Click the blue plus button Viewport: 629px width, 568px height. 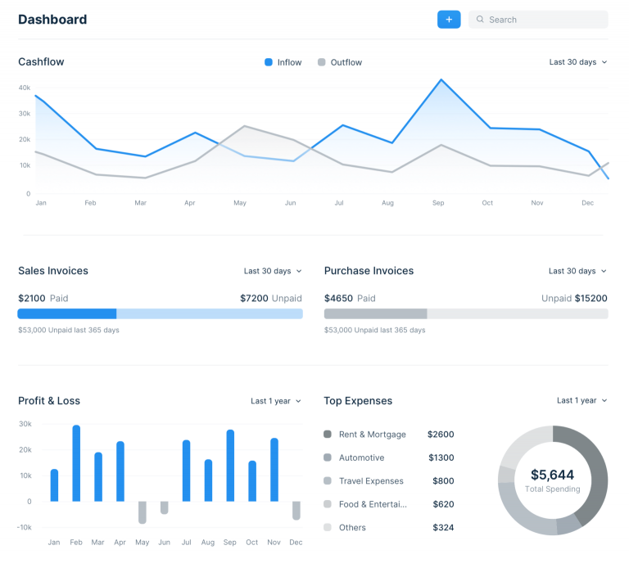(x=449, y=20)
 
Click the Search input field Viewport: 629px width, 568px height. (x=538, y=20)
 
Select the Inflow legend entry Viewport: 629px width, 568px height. (x=283, y=62)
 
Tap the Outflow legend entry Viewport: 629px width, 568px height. (x=340, y=62)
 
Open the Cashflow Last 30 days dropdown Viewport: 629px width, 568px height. (x=578, y=62)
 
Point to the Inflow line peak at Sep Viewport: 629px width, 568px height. (x=441, y=79)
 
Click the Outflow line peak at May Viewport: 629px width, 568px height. (x=244, y=126)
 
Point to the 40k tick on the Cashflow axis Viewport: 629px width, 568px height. (x=24, y=88)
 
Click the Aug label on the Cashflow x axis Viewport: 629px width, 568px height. (x=387, y=203)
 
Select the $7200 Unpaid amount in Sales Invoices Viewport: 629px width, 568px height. (x=271, y=298)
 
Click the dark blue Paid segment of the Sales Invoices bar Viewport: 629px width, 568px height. (x=67, y=313)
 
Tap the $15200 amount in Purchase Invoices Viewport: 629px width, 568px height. (x=591, y=298)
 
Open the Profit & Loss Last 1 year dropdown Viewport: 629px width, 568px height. (x=276, y=401)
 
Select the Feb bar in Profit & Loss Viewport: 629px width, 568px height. (x=76, y=463)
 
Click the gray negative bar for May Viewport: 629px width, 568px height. (x=143, y=512)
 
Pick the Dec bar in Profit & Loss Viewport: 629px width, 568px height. (x=296, y=511)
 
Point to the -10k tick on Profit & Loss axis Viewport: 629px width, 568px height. (x=24, y=527)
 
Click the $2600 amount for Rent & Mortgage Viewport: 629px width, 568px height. (x=441, y=435)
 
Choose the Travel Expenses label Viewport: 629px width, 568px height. (x=371, y=481)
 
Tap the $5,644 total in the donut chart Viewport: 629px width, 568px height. (x=552, y=475)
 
